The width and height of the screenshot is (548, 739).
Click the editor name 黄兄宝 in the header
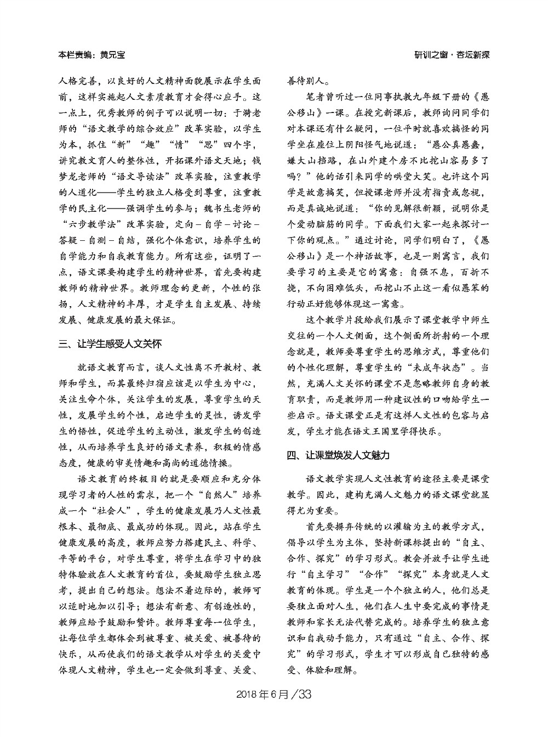click(x=113, y=55)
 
